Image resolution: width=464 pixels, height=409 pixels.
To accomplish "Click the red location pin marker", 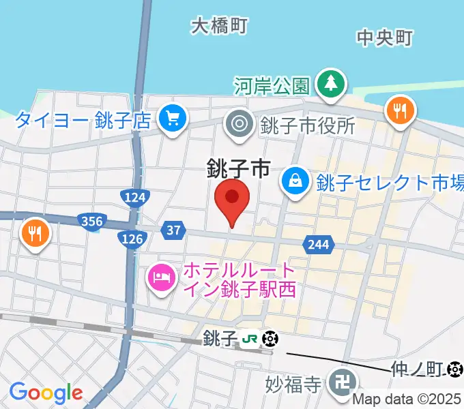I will coord(232,200).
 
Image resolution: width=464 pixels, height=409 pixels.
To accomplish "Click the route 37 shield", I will coord(174,231).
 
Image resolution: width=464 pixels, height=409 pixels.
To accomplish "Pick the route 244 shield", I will coord(319,245).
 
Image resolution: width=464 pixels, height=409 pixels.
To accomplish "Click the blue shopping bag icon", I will coord(295,181).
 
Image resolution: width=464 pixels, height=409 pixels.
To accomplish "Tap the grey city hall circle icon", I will coord(240,124).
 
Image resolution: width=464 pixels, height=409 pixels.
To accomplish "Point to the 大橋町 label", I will coord(218,26).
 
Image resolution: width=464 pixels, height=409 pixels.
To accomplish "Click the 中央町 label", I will coord(384,38).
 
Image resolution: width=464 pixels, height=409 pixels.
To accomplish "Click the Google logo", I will coord(46,393).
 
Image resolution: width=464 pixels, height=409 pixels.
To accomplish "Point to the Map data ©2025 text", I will coord(407,400).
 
